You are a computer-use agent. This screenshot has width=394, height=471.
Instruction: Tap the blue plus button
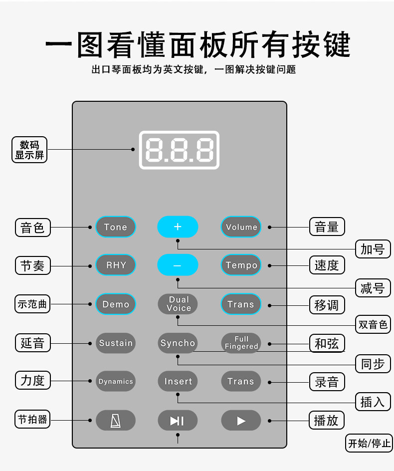[x=178, y=227]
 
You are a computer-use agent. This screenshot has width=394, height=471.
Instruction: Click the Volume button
[x=241, y=227]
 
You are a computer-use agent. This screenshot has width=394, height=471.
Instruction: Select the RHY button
[x=116, y=265]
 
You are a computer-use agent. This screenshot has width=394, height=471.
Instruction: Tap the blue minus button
[x=178, y=265]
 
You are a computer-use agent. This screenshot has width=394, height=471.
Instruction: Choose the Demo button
[x=116, y=304]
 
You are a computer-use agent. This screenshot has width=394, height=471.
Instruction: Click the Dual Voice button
[x=178, y=304]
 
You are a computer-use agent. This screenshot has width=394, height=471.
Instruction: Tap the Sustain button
[x=116, y=343]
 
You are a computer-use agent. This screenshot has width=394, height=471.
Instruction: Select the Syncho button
[x=178, y=343]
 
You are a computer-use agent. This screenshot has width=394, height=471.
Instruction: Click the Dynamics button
[x=116, y=382]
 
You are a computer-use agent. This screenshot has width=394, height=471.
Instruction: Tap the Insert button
[x=178, y=382]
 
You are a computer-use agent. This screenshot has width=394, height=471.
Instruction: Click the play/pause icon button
[x=178, y=421]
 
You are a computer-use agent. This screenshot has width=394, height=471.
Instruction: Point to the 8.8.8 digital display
[x=179, y=149]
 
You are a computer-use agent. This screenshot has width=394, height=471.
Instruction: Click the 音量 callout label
[x=327, y=227]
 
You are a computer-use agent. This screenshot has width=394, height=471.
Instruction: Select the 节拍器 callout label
[x=32, y=420]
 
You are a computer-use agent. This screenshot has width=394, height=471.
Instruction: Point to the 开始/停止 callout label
[x=369, y=443]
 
